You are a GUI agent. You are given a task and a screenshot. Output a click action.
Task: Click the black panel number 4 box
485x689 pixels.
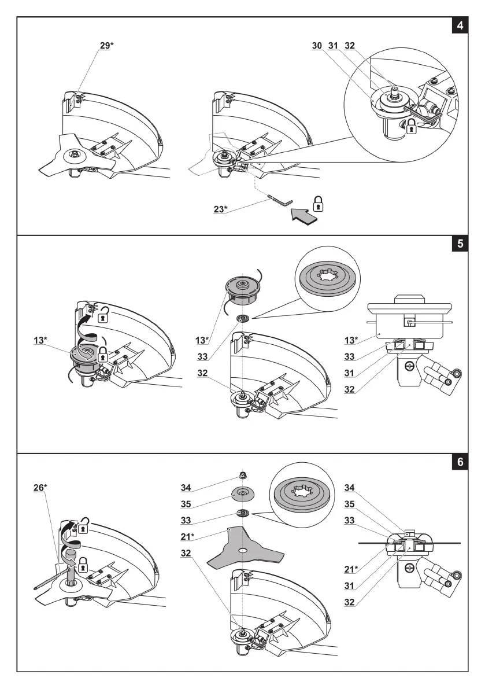click(x=460, y=27)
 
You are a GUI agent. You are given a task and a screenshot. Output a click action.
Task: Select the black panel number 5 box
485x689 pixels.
click(x=460, y=244)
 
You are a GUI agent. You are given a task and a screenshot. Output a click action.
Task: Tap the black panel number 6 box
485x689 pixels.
click(x=460, y=462)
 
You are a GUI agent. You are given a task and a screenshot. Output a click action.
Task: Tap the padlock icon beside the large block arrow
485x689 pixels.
click(x=318, y=203)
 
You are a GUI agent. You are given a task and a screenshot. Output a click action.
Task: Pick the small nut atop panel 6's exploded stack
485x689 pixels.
click(x=243, y=476)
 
